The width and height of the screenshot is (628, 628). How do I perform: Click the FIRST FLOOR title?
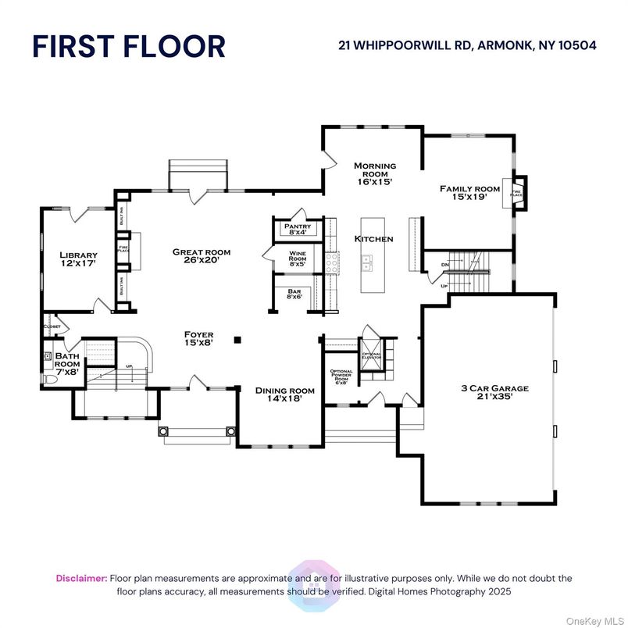[x=128, y=46]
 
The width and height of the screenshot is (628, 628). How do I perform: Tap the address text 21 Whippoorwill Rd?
[x=467, y=45]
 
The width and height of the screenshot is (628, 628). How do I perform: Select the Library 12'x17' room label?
[x=79, y=260]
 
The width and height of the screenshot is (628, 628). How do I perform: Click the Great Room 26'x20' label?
[x=202, y=257]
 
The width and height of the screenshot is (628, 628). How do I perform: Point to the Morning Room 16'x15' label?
[x=375, y=173]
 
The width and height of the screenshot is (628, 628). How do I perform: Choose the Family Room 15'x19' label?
[x=469, y=193]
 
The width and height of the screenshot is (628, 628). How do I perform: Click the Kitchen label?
[x=373, y=239]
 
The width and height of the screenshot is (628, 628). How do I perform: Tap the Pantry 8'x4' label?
[x=298, y=229]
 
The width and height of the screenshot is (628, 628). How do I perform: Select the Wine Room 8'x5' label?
[x=298, y=259]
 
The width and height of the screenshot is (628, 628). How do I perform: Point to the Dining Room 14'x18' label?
[x=284, y=394]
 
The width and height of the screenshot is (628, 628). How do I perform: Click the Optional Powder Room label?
[x=341, y=377]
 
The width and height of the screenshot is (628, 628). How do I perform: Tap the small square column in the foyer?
[x=239, y=339]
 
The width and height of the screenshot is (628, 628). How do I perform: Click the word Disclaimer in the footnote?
[x=81, y=578]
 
